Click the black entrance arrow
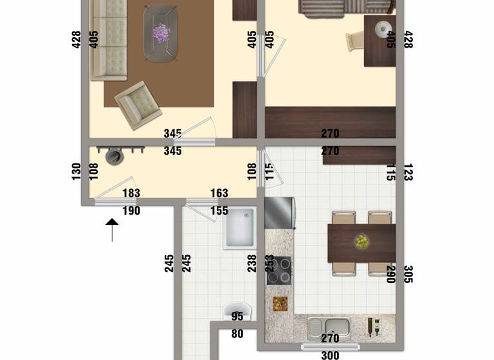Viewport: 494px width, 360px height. point(112,229)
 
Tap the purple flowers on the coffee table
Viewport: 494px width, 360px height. point(161,32)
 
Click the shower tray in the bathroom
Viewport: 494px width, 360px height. point(240,228)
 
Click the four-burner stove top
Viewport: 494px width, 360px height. point(279,271)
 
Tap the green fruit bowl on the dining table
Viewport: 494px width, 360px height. point(361,242)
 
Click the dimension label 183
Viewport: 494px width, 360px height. point(131,194)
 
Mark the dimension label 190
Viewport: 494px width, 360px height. point(131,211)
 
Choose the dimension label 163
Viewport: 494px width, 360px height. point(219,194)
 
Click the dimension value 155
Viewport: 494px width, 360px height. point(219,211)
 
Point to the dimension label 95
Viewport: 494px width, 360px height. point(237,316)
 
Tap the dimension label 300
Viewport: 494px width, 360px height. point(330,355)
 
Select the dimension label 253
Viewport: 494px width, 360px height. point(270,264)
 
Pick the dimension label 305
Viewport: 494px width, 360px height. point(408,274)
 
